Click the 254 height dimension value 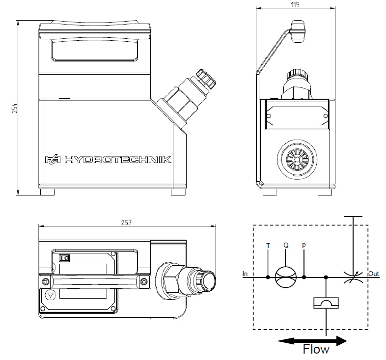pyautogui.click(x=14, y=108)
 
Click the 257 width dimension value pyautogui.click(x=127, y=222)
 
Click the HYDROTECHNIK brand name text pyautogui.click(x=118, y=160)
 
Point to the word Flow pyautogui.click(x=316, y=350)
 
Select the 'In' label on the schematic pyautogui.click(x=245, y=273)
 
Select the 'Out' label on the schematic pyautogui.click(x=374, y=274)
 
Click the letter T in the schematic pyautogui.click(x=268, y=245)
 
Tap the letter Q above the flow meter pyautogui.click(x=285, y=244)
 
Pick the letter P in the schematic pyautogui.click(x=304, y=245)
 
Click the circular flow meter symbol pyautogui.click(x=286, y=277)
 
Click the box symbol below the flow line pyautogui.click(x=326, y=303)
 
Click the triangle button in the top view pyautogui.click(x=51, y=296)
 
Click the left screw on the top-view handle pyautogui.click(x=45, y=281)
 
